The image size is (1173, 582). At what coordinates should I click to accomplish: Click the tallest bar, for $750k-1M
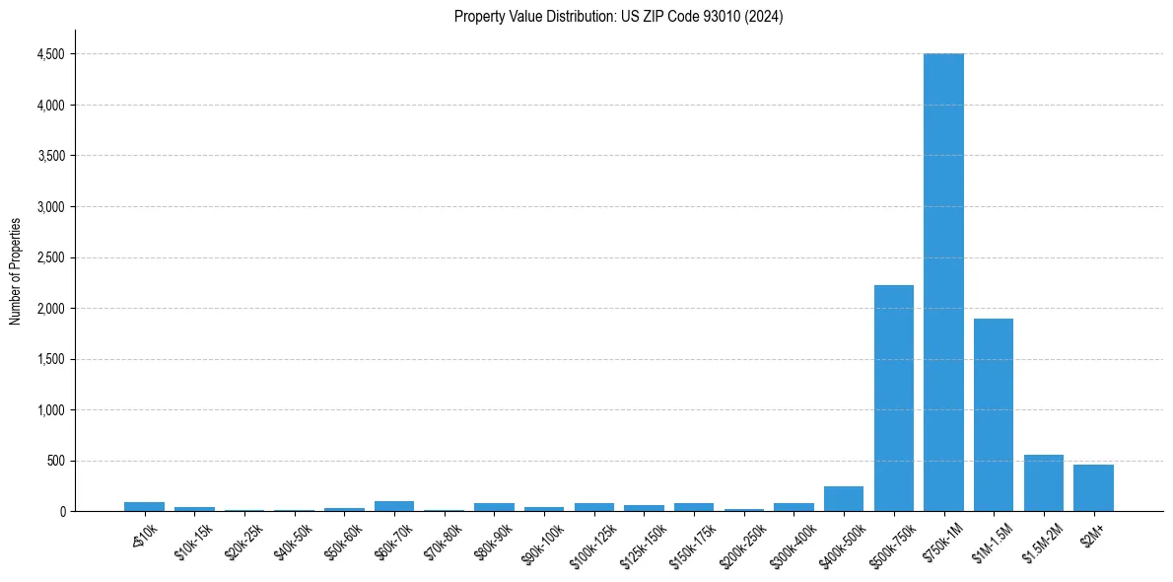(943, 282)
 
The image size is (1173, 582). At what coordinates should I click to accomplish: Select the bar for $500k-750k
(893, 398)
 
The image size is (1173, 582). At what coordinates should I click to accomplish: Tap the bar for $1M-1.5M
(994, 414)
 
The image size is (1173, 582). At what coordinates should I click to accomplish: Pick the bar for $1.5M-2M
(1043, 483)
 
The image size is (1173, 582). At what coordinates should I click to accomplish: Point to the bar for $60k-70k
(394, 506)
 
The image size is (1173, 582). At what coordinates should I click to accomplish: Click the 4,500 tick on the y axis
(50, 54)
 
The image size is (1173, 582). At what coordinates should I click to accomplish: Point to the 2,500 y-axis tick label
(50, 258)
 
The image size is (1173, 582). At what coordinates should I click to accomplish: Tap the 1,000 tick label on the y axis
(50, 410)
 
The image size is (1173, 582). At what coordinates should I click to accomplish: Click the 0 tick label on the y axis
(61, 512)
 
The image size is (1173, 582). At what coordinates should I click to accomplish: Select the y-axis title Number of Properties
(16, 271)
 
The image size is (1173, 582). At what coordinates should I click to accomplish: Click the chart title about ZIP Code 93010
(618, 16)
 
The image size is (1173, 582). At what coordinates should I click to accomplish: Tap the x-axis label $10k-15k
(193, 542)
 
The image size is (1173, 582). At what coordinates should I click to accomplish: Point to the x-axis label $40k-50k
(293, 542)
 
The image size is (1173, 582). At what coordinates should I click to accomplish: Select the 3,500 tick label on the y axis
(50, 156)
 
